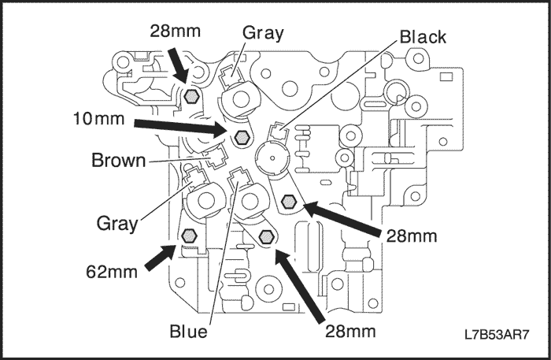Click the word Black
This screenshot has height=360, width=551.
(x=423, y=37)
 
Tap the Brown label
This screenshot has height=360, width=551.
(x=118, y=161)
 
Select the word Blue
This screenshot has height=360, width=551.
(x=188, y=331)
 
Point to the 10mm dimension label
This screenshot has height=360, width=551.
(x=98, y=119)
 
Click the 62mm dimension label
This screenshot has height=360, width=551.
(x=112, y=272)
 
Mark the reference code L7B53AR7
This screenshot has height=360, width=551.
(x=497, y=334)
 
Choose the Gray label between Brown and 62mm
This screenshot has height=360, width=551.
(x=117, y=224)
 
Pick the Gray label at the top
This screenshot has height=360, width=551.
(x=263, y=33)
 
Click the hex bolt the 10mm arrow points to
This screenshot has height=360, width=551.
(x=242, y=137)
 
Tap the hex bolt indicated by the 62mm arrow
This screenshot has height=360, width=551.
(x=189, y=236)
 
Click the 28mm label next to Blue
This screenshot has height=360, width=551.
(x=350, y=331)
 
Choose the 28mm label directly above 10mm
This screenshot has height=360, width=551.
(x=176, y=31)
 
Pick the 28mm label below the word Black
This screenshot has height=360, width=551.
(x=412, y=236)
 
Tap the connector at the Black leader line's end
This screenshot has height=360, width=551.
(x=279, y=132)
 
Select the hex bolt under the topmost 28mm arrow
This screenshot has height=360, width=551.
(x=191, y=95)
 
